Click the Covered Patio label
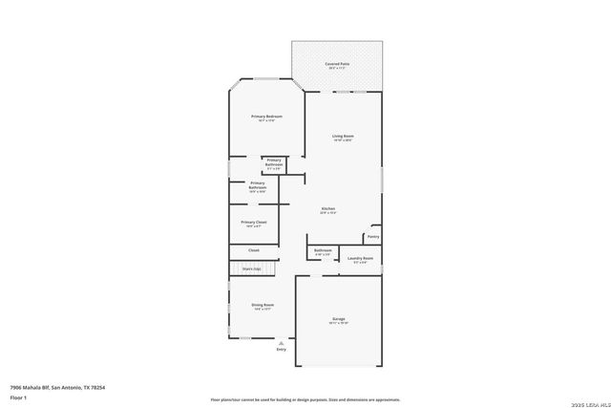[338, 64]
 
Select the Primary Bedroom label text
[266, 117]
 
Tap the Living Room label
[343, 137]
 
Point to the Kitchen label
[327, 208]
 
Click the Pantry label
[372, 236]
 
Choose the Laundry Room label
[360, 258]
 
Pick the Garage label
[338, 317]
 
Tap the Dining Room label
[263, 305]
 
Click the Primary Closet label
[254, 222]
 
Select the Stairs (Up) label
[253, 268]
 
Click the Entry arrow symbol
[281, 340]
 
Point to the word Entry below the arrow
[281, 350]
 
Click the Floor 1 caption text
[18, 396]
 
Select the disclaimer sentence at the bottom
[305, 398]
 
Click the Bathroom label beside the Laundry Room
[323, 250]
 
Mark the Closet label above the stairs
[254, 250]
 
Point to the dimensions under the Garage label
[338, 323]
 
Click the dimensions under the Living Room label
[343, 141]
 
